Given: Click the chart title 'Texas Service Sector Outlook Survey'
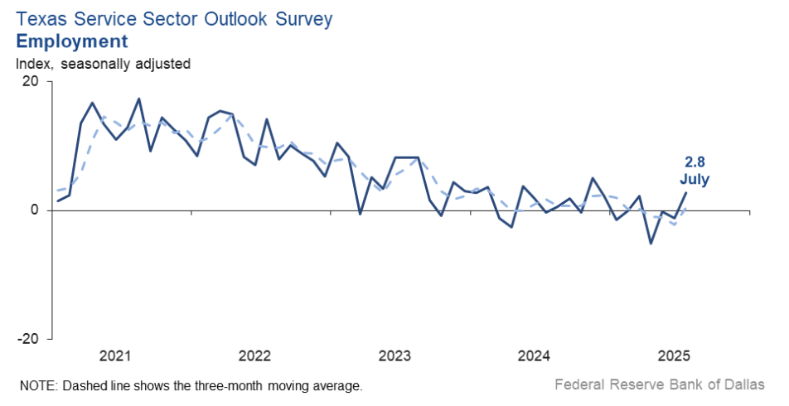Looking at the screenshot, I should click(x=173, y=19).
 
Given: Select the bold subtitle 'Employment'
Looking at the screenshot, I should click(x=72, y=41).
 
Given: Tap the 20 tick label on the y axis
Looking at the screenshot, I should click(x=31, y=81).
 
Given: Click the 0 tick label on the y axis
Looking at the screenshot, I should click(x=35, y=210).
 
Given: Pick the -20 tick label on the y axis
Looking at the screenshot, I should click(x=28, y=339).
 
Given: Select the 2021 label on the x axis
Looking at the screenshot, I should click(x=115, y=356).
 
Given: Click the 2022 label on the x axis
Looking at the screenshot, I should click(x=254, y=356).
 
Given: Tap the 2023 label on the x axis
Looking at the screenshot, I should click(x=394, y=356).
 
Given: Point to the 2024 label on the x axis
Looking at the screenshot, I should click(x=534, y=356).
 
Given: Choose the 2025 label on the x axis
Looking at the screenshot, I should click(x=674, y=356).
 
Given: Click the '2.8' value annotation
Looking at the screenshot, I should click(x=695, y=162).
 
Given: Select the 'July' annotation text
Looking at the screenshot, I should click(x=695, y=178).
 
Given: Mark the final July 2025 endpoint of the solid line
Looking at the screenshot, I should click(x=685, y=192).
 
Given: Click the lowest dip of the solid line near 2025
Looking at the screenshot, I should click(x=651, y=244).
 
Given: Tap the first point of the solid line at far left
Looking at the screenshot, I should click(x=57, y=201).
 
